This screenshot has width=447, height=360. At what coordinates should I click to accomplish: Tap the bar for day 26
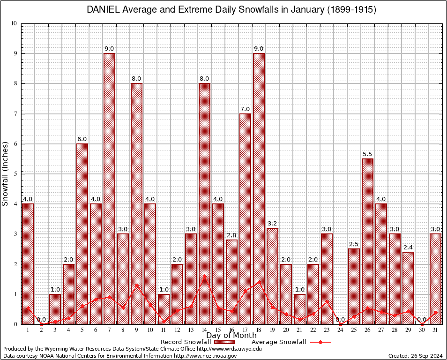pyautogui.click(x=367, y=241)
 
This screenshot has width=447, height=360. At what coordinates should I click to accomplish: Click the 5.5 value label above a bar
pyautogui.click(x=367, y=154)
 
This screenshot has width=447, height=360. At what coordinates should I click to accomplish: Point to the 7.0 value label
pyautogui.click(x=245, y=109)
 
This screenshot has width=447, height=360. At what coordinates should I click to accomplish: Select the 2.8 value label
pyautogui.click(x=231, y=235)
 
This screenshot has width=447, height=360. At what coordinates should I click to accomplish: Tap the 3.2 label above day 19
pyautogui.click(x=272, y=223)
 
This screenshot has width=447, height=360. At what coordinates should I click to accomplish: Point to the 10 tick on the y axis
pyautogui.click(x=14, y=23)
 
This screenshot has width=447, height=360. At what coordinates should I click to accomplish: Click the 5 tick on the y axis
pyautogui.click(x=15, y=174)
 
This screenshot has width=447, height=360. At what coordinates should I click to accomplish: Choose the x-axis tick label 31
pyautogui.click(x=435, y=330)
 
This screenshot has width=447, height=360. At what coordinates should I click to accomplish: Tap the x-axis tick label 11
pyautogui.click(x=164, y=330)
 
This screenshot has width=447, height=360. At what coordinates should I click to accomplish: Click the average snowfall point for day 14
pyautogui.click(x=204, y=276)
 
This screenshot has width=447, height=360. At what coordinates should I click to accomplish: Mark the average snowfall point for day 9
pyautogui.click(x=136, y=285)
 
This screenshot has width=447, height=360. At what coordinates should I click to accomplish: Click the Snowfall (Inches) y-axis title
pyautogui.click(x=6, y=173)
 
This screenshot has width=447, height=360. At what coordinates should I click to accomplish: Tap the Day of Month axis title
pyautogui.click(x=231, y=336)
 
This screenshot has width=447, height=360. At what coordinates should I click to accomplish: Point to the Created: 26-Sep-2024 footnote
pyautogui.click(x=415, y=356)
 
